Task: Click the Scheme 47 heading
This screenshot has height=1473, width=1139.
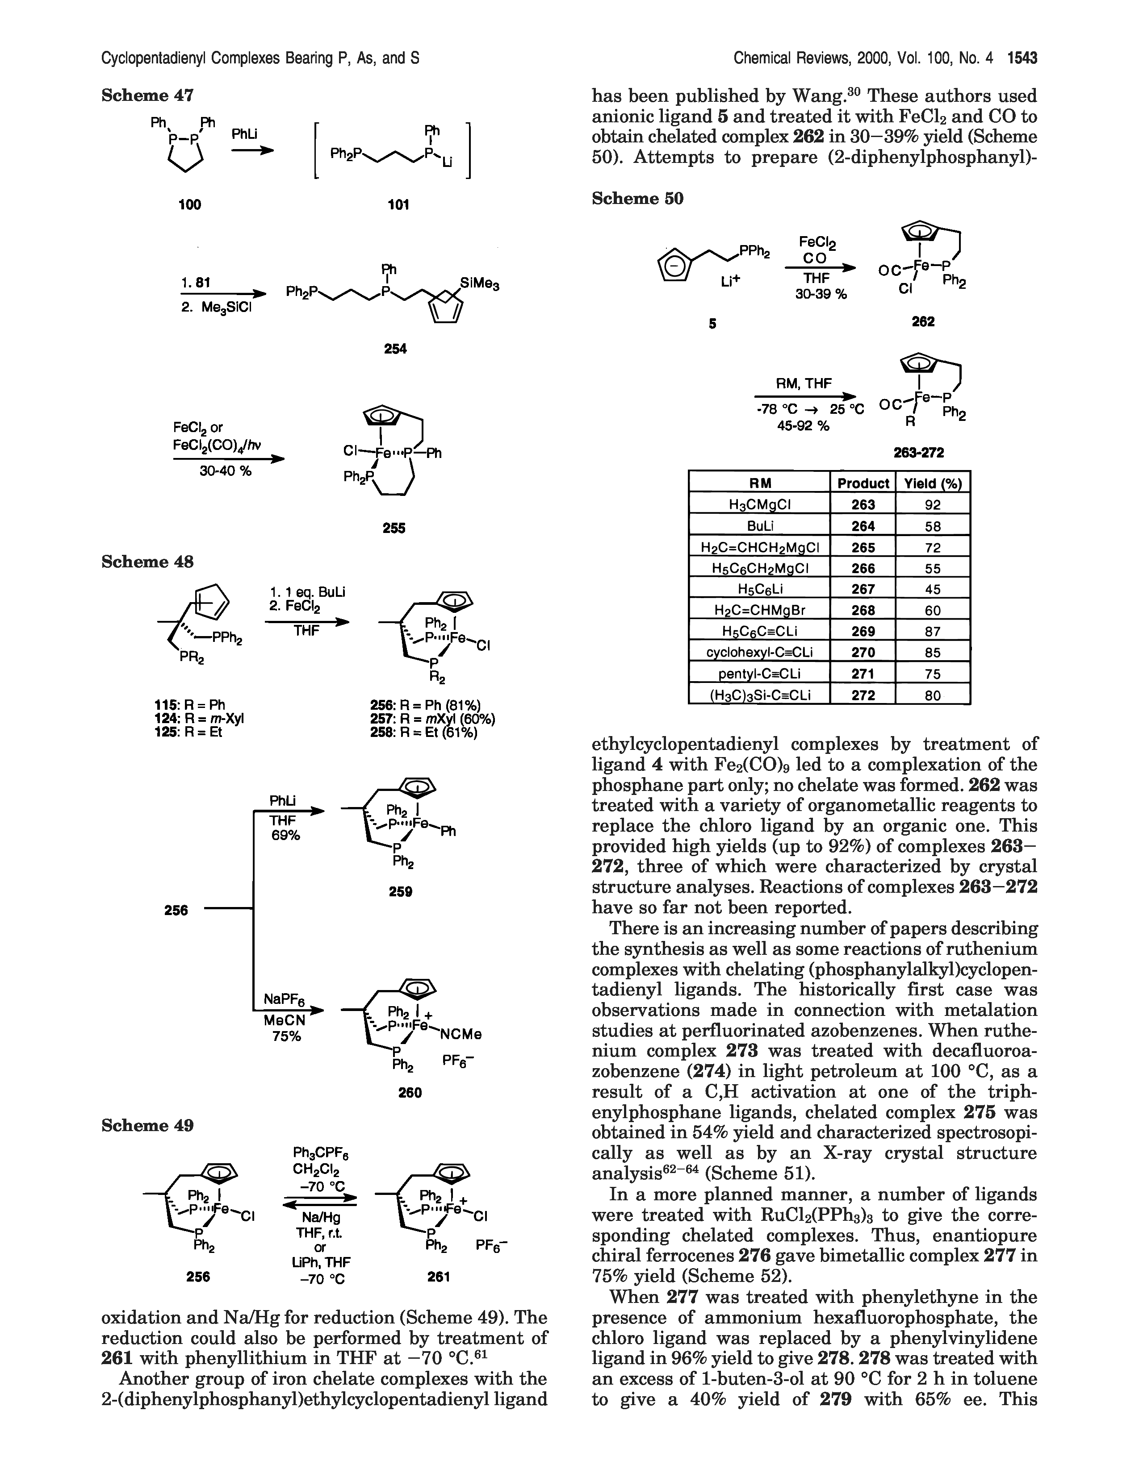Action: tap(147, 96)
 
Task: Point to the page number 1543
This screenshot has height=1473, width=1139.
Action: tap(1022, 58)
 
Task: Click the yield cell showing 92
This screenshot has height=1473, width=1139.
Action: tap(933, 504)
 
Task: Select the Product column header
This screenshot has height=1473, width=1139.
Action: tap(863, 483)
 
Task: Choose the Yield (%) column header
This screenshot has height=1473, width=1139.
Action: tap(933, 483)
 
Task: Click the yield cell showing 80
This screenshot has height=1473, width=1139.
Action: tap(933, 695)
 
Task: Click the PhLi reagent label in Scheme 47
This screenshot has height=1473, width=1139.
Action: tap(245, 134)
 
